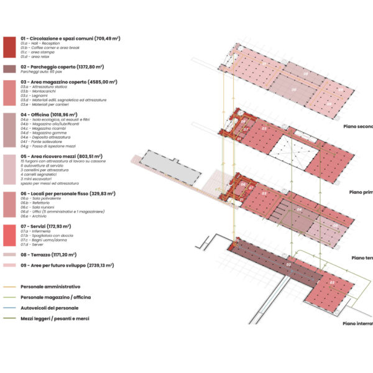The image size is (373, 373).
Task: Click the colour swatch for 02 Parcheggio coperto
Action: coord(9,68)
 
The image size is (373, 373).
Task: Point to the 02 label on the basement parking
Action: coord(288,265)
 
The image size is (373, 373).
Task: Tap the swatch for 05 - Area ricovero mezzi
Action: coord(9,170)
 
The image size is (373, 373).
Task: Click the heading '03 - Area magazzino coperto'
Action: coord(68,81)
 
